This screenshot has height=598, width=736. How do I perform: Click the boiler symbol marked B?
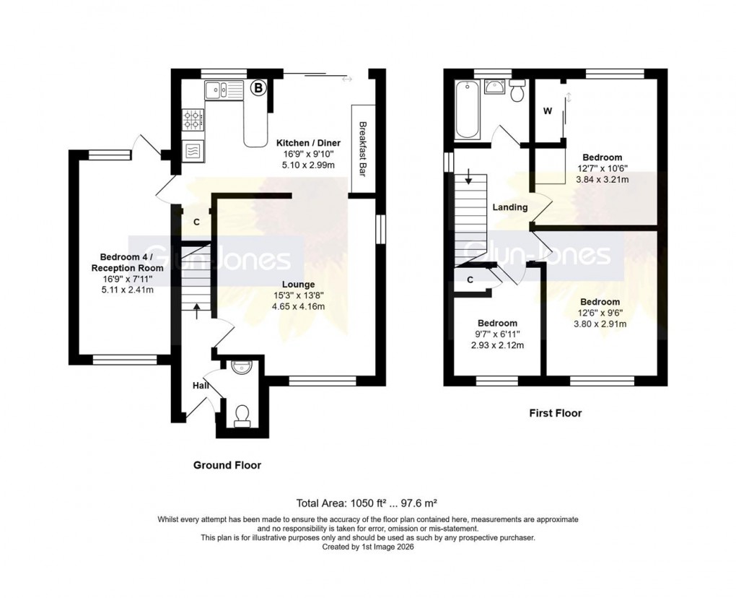coord(258,89)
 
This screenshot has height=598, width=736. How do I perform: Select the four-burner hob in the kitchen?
coord(193,119)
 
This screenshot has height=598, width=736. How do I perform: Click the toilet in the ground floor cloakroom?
coord(241,415)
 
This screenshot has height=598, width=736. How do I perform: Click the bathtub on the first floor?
coord(468,109)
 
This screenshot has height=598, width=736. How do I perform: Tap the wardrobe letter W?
coord(547,112)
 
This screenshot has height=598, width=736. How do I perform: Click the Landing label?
coord(509,208)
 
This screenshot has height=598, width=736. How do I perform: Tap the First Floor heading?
coord(555,414)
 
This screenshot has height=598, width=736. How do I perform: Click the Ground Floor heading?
coord(227,465)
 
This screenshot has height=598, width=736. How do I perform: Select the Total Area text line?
coord(367,503)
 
